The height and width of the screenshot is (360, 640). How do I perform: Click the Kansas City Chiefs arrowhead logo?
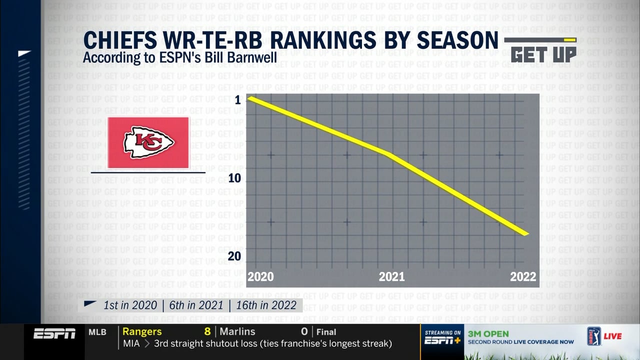tap(148, 142)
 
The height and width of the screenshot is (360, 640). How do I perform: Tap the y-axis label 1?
tap(238, 100)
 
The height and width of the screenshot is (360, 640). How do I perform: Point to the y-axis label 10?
tap(234, 178)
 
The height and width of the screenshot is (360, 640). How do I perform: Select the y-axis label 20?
tap(234, 256)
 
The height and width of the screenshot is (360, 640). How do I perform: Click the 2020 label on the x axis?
tap(260, 276)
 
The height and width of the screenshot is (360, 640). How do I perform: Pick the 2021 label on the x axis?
tap(391, 276)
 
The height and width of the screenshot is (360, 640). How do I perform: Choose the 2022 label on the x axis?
tap(523, 276)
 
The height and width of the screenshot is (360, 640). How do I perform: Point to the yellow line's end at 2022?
tap(526, 233)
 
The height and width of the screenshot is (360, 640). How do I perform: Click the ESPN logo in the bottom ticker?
tap(54, 333)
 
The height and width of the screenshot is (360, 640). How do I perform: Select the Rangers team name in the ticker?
tap(142, 331)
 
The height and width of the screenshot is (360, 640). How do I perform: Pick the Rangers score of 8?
tap(207, 331)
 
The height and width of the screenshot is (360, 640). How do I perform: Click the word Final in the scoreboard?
tap(326, 332)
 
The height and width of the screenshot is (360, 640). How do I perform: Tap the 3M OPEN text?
tap(488, 333)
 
